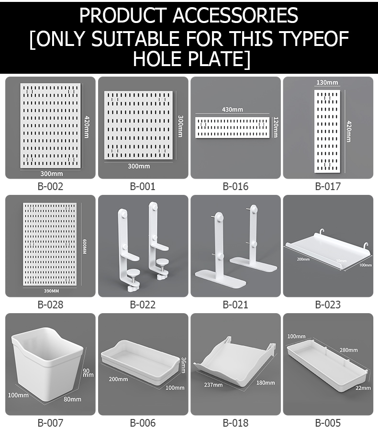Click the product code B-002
(x=50, y=186)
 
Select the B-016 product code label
(x=235, y=186)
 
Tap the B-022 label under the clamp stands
(x=143, y=305)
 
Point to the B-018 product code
(x=235, y=423)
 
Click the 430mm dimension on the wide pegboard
(x=232, y=110)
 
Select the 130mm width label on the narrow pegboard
(x=327, y=82)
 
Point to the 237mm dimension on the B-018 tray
(x=213, y=385)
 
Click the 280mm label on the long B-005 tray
(x=349, y=350)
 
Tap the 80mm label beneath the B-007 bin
(x=73, y=399)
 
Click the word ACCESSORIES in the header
(x=235, y=16)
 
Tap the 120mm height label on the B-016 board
(x=276, y=127)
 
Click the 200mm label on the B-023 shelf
(x=302, y=259)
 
